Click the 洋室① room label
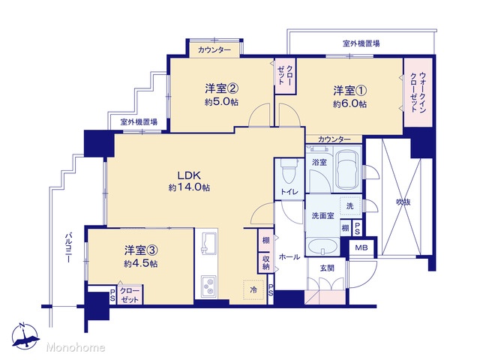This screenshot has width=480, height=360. [x=349, y=91]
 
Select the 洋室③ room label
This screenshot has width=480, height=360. [x=141, y=250]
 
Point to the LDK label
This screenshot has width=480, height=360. [x=189, y=175]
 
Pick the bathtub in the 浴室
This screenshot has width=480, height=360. [x=346, y=169]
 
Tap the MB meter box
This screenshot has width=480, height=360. [x=361, y=247]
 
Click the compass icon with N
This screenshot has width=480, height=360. [x=25, y=336]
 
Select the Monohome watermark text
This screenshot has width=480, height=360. [x=76, y=347]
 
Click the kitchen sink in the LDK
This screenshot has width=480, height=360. [x=209, y=244]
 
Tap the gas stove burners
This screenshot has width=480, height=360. [x=208, y=286]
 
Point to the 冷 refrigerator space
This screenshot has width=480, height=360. [x=253, y=289]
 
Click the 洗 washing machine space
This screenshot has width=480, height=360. [x=350, y=206]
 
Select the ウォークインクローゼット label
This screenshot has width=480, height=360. [x=418, y=92]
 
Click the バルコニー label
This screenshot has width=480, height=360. [x=68, y=248]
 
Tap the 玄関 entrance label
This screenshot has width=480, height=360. [x=327, y=268]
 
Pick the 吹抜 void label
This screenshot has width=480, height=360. [x=403, y=202]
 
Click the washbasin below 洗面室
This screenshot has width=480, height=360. [x=322, y=245]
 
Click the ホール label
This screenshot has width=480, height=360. [x=289, y=256]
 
